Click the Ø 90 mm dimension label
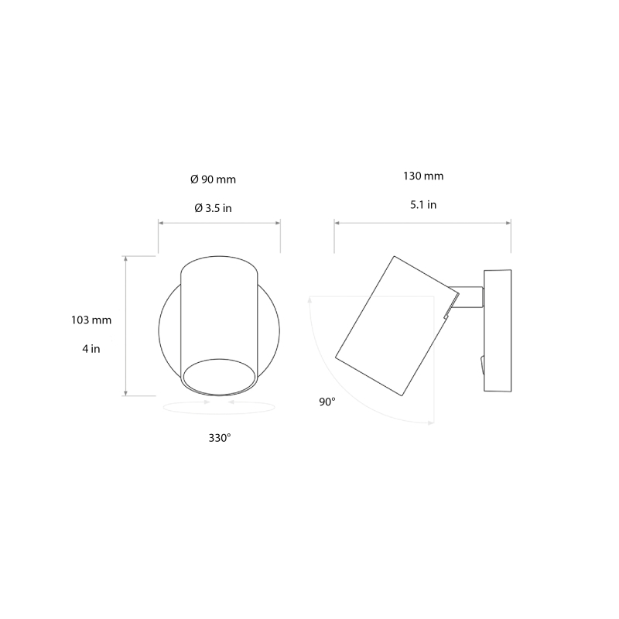(213, 180)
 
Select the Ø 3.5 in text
(213, 208)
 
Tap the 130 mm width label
(422, 176)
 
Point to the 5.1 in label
(422, 205)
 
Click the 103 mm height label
(91, 320)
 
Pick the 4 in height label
(91, 349)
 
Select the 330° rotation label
(220, 438)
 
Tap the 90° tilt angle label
(327, 402)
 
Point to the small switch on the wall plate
(481, 362)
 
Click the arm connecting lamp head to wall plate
(469, 298)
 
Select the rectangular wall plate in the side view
(497, 330)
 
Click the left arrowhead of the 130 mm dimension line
(337, 223)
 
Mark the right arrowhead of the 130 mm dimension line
(508, 223)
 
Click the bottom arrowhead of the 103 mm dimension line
(125, 392)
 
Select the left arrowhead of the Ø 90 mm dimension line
(161, 223)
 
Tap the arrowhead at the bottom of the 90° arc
(429, 422)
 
